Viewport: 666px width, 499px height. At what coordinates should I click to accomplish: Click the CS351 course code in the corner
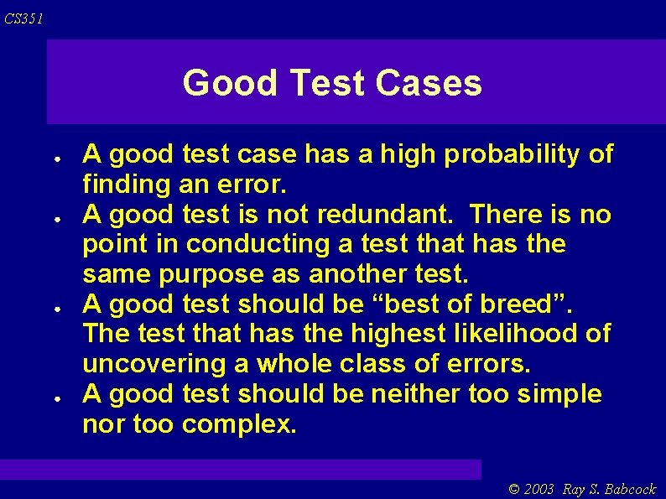[23, 18]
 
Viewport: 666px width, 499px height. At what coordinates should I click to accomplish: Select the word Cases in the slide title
[429, 83]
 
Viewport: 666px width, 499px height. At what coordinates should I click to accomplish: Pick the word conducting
[258, 245]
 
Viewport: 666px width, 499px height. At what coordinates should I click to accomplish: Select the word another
[358, 274]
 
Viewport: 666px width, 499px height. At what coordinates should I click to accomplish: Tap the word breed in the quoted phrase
[532, 304]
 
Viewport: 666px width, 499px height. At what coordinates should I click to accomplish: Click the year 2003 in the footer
[540, 489]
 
